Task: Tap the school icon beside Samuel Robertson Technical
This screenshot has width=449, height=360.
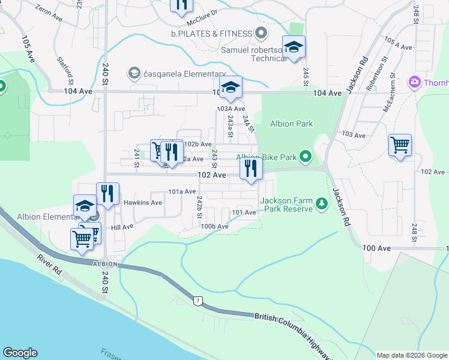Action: [x=294, y=47]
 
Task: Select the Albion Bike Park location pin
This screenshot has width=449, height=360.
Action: [x=306, y=158]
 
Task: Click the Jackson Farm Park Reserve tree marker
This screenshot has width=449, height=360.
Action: [x=322, y=205]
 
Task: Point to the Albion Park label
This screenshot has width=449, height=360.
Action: [x=291, y=124]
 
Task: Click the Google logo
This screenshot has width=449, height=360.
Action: [x=20, y=353]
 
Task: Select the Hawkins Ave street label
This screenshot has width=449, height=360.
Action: [x=143, y=202]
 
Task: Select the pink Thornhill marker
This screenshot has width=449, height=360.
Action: [x=414, y=82]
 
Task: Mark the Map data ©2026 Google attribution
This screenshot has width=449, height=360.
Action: [x=411, y=355]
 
